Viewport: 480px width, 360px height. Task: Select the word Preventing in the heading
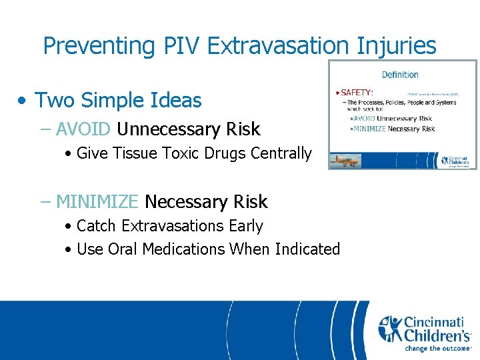[x=99, y=45]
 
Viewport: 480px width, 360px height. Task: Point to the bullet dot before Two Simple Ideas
[x=23, y=101]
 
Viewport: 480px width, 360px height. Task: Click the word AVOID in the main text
[x=83, y=129]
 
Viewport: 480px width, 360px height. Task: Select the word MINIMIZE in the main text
[x=97, y=201]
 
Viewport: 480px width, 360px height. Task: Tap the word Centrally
[x=281, y=153]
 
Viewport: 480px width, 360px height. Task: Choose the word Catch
[x=97, y=226]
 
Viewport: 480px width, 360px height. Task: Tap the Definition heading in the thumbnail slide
[x=400, y=75]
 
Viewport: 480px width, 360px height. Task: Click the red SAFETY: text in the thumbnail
[x=357, y=92]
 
